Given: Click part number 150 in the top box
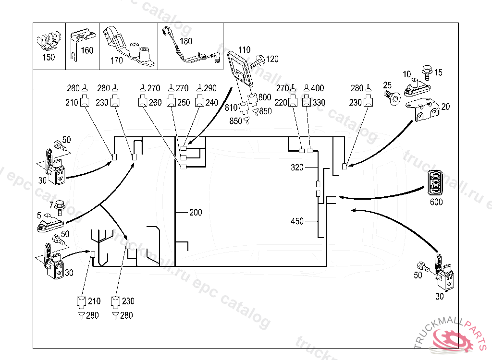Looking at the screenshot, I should [x=49, y=57].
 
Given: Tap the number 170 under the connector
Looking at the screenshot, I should [x=117, y=60].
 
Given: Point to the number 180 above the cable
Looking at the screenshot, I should [x=185, y=41].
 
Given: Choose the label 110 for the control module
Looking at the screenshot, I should [x=244, y=49].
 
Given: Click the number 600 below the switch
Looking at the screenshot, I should [x=436, y=202].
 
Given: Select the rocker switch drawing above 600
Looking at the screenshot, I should [x=436, y=183].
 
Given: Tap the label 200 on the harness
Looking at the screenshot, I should [x=196, y=212].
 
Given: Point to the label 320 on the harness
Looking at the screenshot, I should [x=297, y=168].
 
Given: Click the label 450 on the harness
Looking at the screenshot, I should [x=297, y=221].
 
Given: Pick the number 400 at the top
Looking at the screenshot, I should [x=318, y=88].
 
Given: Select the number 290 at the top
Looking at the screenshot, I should [x=210, y=88].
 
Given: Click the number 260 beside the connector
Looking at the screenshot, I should [x=155, y=102].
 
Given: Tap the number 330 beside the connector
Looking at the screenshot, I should [x=319, y=102].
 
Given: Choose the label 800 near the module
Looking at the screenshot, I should [x=265, y=97].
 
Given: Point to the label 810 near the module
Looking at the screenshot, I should [x=231, y=108].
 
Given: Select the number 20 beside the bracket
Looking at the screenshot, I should [x=445, y=107].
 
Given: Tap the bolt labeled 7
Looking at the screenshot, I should [x=60, y=205].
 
